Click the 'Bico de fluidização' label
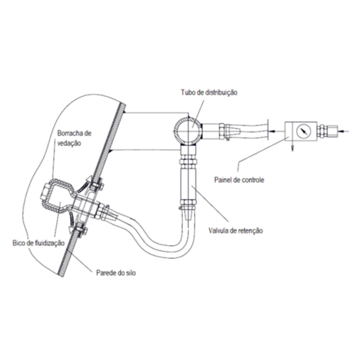(38, 243)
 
